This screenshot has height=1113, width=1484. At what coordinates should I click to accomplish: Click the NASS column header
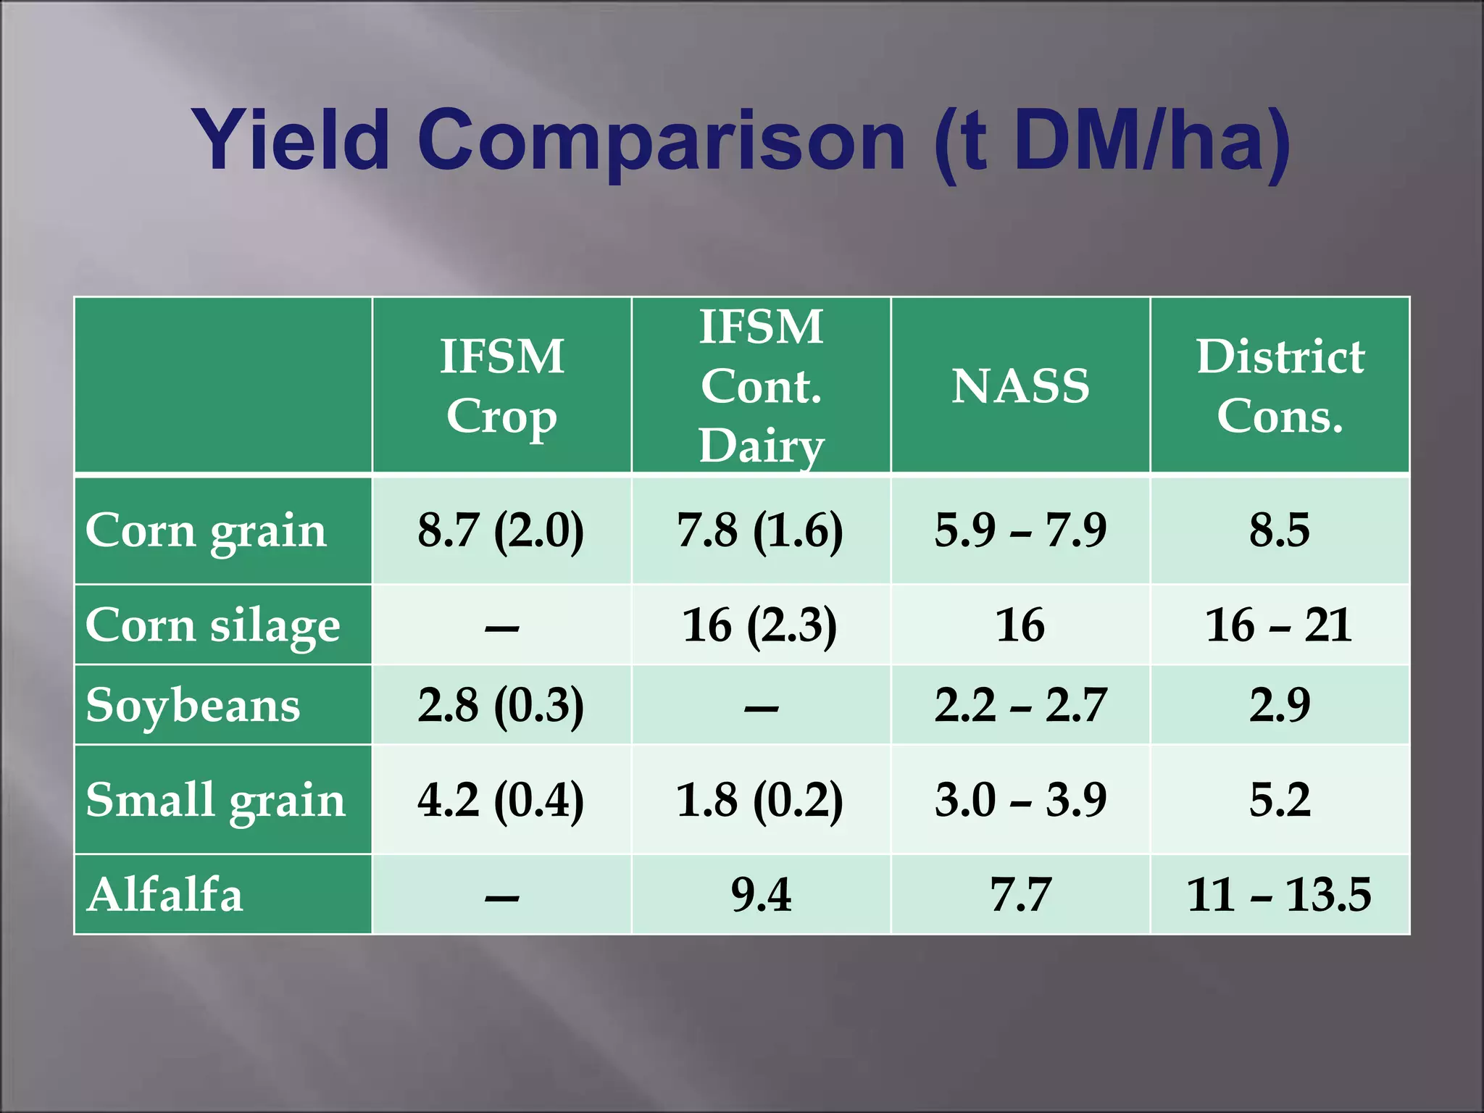pos(1020,385)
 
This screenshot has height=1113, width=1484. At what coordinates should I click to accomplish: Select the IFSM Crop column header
pos(501,385)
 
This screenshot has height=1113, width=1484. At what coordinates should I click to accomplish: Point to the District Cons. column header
pos(1280,385)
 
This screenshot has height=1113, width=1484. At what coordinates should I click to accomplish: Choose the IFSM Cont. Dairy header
pos(761,385)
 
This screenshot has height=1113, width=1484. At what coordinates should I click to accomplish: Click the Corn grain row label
pos(207,530)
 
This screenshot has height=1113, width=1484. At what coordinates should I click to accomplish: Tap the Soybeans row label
pos(193,705)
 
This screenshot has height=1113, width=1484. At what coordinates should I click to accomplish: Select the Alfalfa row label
pos(164,894)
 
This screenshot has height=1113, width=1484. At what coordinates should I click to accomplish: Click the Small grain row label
pos(215,800)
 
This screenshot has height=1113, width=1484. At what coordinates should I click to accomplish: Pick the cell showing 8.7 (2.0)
pos(501,530)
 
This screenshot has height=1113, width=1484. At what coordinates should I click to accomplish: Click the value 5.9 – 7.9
pos(1020,530)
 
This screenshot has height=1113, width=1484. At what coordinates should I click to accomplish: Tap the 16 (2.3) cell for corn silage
pos(760,625)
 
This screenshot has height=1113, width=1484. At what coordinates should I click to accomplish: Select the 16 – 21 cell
pos(1279,625)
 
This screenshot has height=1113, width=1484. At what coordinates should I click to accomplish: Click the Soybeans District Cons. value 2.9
pos(1280,705)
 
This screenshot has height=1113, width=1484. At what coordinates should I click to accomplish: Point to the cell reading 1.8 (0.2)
pos(760,800)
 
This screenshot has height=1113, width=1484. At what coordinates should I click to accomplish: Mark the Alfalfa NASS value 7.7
pos(1020,894)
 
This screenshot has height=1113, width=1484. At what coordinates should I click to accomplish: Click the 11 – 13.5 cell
pos(1279,894)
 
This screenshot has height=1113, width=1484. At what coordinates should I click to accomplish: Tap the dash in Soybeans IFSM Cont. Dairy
pos(761,708)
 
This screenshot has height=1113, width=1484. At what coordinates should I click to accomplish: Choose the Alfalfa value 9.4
pos(761,894)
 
